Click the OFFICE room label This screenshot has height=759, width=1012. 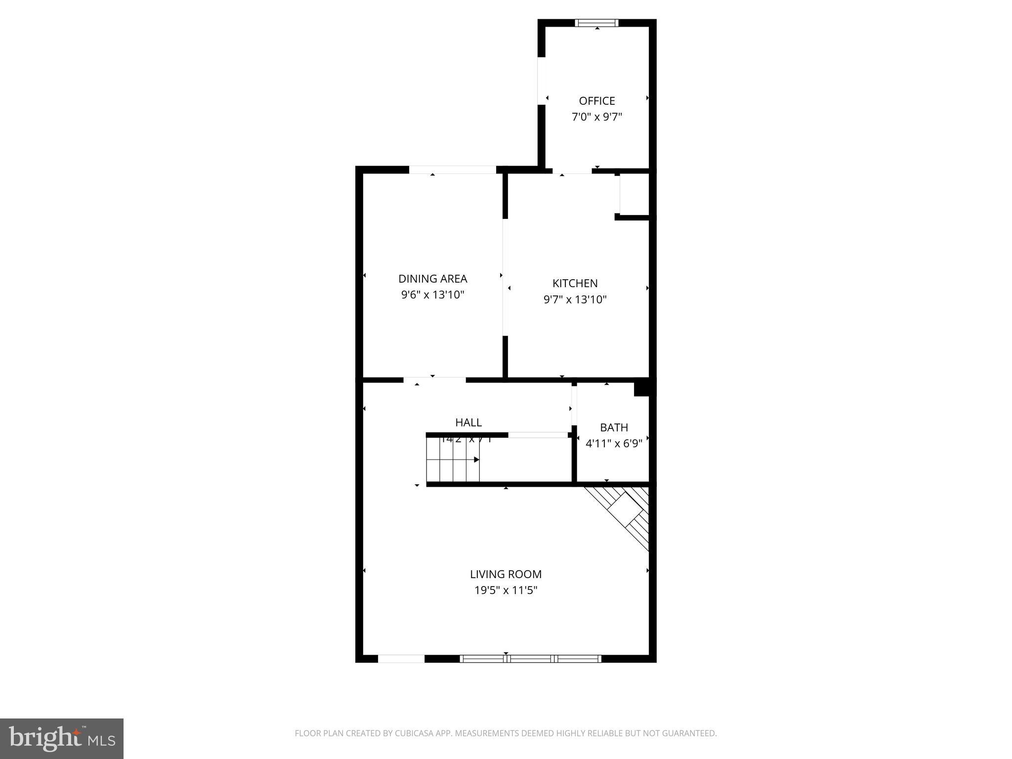tap(597, 101)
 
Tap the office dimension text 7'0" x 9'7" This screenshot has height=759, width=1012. tap(597, 117)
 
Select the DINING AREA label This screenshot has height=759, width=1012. tap(432, 279)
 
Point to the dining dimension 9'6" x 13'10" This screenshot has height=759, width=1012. tap(432, 295)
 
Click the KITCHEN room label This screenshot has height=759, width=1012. tap(575, 283)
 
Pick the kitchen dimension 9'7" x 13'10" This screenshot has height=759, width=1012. tap(575, 299)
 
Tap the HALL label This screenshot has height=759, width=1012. tap(468, 422)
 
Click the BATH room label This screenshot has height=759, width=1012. tap(614, 427)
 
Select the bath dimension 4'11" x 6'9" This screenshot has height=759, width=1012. tap(614, 443)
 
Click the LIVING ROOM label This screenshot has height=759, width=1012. tap(506, 574)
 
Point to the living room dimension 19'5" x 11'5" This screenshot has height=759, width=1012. tap(506, 590)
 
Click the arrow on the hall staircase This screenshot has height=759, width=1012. tap(476, 460)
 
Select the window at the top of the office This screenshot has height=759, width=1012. tap(596, 23)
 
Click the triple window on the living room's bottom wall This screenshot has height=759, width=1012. tap(530, 658)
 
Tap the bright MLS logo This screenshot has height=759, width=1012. tap(62, 739)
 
